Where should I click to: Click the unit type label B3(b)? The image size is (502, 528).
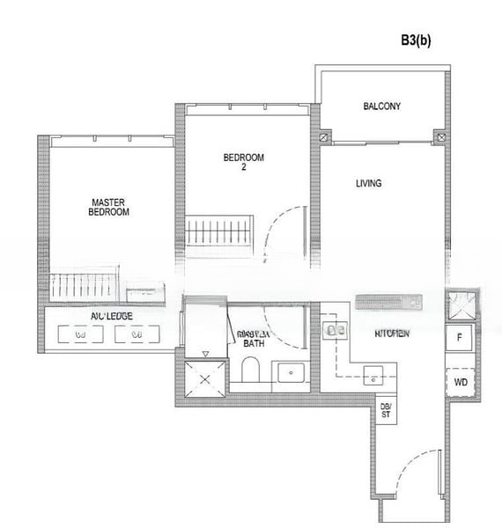click(x=415, y=40)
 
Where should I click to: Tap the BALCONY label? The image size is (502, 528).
click(x=381, y=106)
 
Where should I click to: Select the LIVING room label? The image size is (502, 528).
click(x=368, y=184)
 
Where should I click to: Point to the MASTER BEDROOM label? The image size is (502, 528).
click(x=110, y=207)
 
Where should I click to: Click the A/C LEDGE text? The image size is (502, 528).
click(x=112, y=315)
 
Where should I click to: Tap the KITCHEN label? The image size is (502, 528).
click(x=391, y=334)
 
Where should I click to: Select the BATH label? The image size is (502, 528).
click(x=254, y=343)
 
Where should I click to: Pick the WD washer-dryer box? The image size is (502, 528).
click(x=460, y=383)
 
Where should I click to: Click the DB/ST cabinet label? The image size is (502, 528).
click(x=385, y=409)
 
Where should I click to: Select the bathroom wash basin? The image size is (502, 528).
click(x=291, y=373)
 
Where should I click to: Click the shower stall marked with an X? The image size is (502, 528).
click(x=204, y=380)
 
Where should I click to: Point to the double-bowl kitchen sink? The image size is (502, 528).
click(x=334, y=330)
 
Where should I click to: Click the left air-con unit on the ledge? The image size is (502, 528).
click(x=80, y=334)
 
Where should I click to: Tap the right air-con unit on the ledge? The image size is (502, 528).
click(x=135, y=334)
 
